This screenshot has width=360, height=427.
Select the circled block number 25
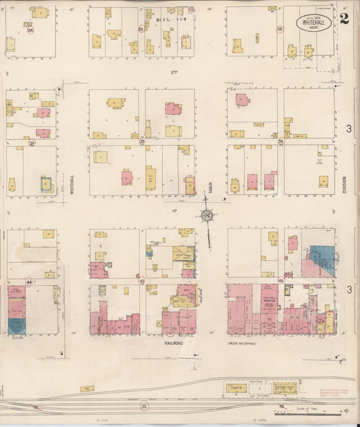(x=141, y=29)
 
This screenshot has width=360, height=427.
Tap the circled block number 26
(x=280, y=29)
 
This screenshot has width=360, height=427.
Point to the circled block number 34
(x=32, y=143)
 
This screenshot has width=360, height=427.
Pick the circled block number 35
(x=142, y=141)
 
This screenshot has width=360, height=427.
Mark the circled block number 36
(x=280, y=141)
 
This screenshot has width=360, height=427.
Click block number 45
(x=142, y=281)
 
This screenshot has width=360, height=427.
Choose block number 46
(x=280, y=280)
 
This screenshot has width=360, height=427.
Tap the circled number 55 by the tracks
(x=144, y=406)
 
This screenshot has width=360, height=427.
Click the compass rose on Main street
(x=207, y=216)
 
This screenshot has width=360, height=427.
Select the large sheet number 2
(x=344, y=18)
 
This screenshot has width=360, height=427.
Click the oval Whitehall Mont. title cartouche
(x=314, y=24)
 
